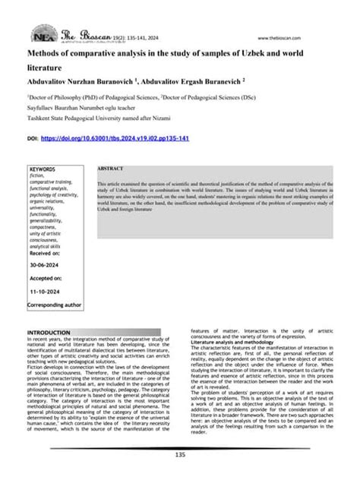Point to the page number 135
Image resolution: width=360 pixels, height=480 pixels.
click(x=179, y=454)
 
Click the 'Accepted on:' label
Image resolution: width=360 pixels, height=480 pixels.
click(x=46, y=279)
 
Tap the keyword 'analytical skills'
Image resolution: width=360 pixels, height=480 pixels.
click(x=46, y=246)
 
